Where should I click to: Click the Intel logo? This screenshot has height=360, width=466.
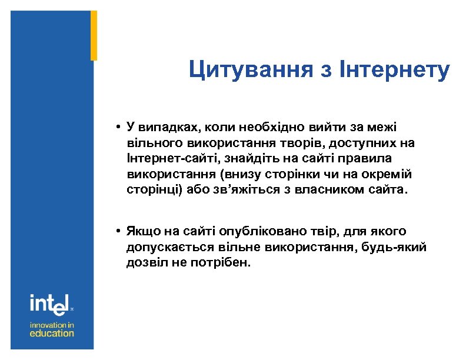point(49,304)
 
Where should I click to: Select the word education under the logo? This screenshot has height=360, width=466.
point(52,334)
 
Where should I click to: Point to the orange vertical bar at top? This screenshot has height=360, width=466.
point(94,35)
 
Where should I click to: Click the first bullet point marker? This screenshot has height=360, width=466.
point(119,127)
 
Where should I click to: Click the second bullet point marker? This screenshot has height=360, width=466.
point(119,231)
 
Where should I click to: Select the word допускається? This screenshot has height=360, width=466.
point(167,247)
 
